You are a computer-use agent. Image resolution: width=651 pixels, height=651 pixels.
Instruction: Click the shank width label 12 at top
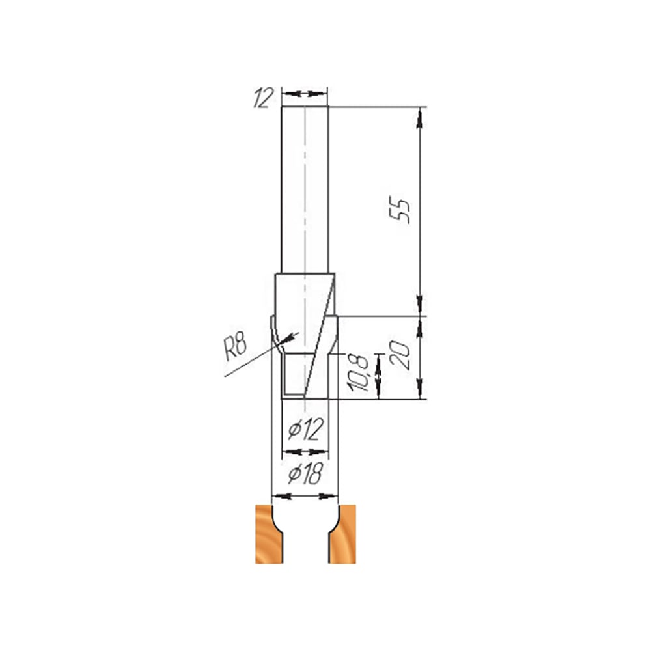(x=264, y=98)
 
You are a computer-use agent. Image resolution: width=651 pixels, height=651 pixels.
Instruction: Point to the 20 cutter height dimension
(x=400, y=355)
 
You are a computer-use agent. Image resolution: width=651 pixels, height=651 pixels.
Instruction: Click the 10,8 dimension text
(x=358, y=373)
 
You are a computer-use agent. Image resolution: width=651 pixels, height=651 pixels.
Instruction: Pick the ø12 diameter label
(x=305, y=429)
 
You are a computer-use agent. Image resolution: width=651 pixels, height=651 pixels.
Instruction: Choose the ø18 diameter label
(x=305, y=474)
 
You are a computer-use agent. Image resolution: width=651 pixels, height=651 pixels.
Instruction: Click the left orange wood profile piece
(x=270, y=534)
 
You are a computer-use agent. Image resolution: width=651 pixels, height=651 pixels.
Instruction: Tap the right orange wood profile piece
(x=342, y=534)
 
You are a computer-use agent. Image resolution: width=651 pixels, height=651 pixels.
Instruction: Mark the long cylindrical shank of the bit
(x=305, y=189)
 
